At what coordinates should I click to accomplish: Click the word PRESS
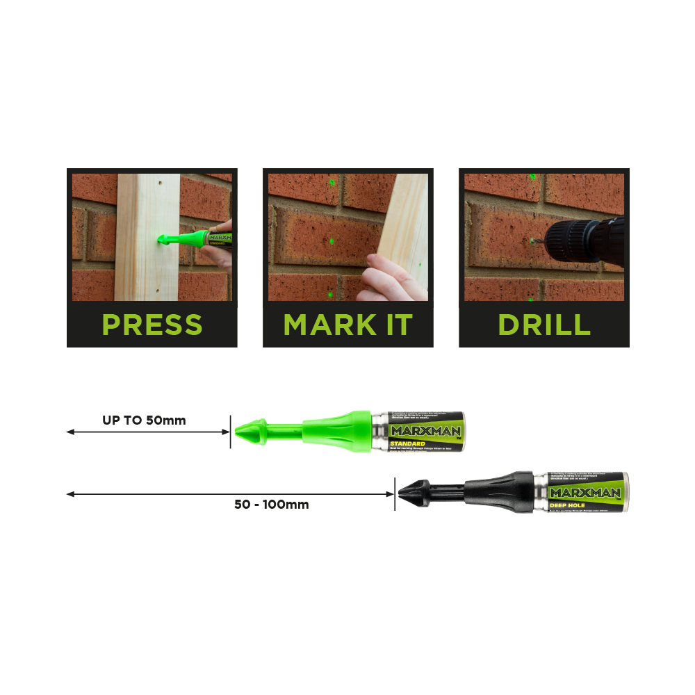pos(152,325)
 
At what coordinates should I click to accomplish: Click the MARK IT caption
pos(347,325)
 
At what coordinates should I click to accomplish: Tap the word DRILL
pos(544,325)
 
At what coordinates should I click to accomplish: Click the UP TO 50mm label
pos(144,420)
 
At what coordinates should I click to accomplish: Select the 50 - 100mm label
pos(271,505)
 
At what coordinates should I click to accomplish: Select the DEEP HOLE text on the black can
pos(569,505)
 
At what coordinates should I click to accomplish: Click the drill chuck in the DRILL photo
pos(574,240)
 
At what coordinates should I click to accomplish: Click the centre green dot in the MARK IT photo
pos(332,242)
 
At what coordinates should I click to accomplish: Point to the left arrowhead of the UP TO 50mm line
pos(70,432)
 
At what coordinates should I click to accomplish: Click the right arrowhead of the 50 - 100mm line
pos(390,494)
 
